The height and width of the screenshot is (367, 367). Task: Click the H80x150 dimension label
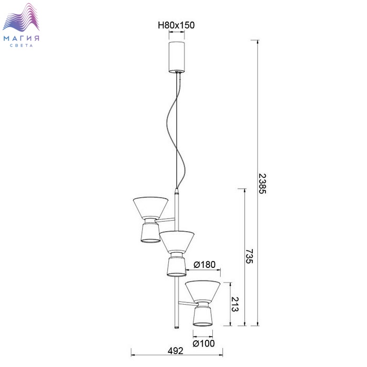(176, 25)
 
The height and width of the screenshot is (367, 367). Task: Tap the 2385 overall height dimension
(262, 183)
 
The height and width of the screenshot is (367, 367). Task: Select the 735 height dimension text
(249, 256)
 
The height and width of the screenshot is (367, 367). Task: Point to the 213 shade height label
(235, 304)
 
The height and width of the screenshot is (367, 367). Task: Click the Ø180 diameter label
(204, 264)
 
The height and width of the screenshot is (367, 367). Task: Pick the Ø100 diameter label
(203, 343)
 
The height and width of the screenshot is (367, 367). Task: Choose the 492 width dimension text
(176, 351)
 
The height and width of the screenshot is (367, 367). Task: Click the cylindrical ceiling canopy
(177, 57)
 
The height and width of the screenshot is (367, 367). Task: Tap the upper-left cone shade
(151, 208)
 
